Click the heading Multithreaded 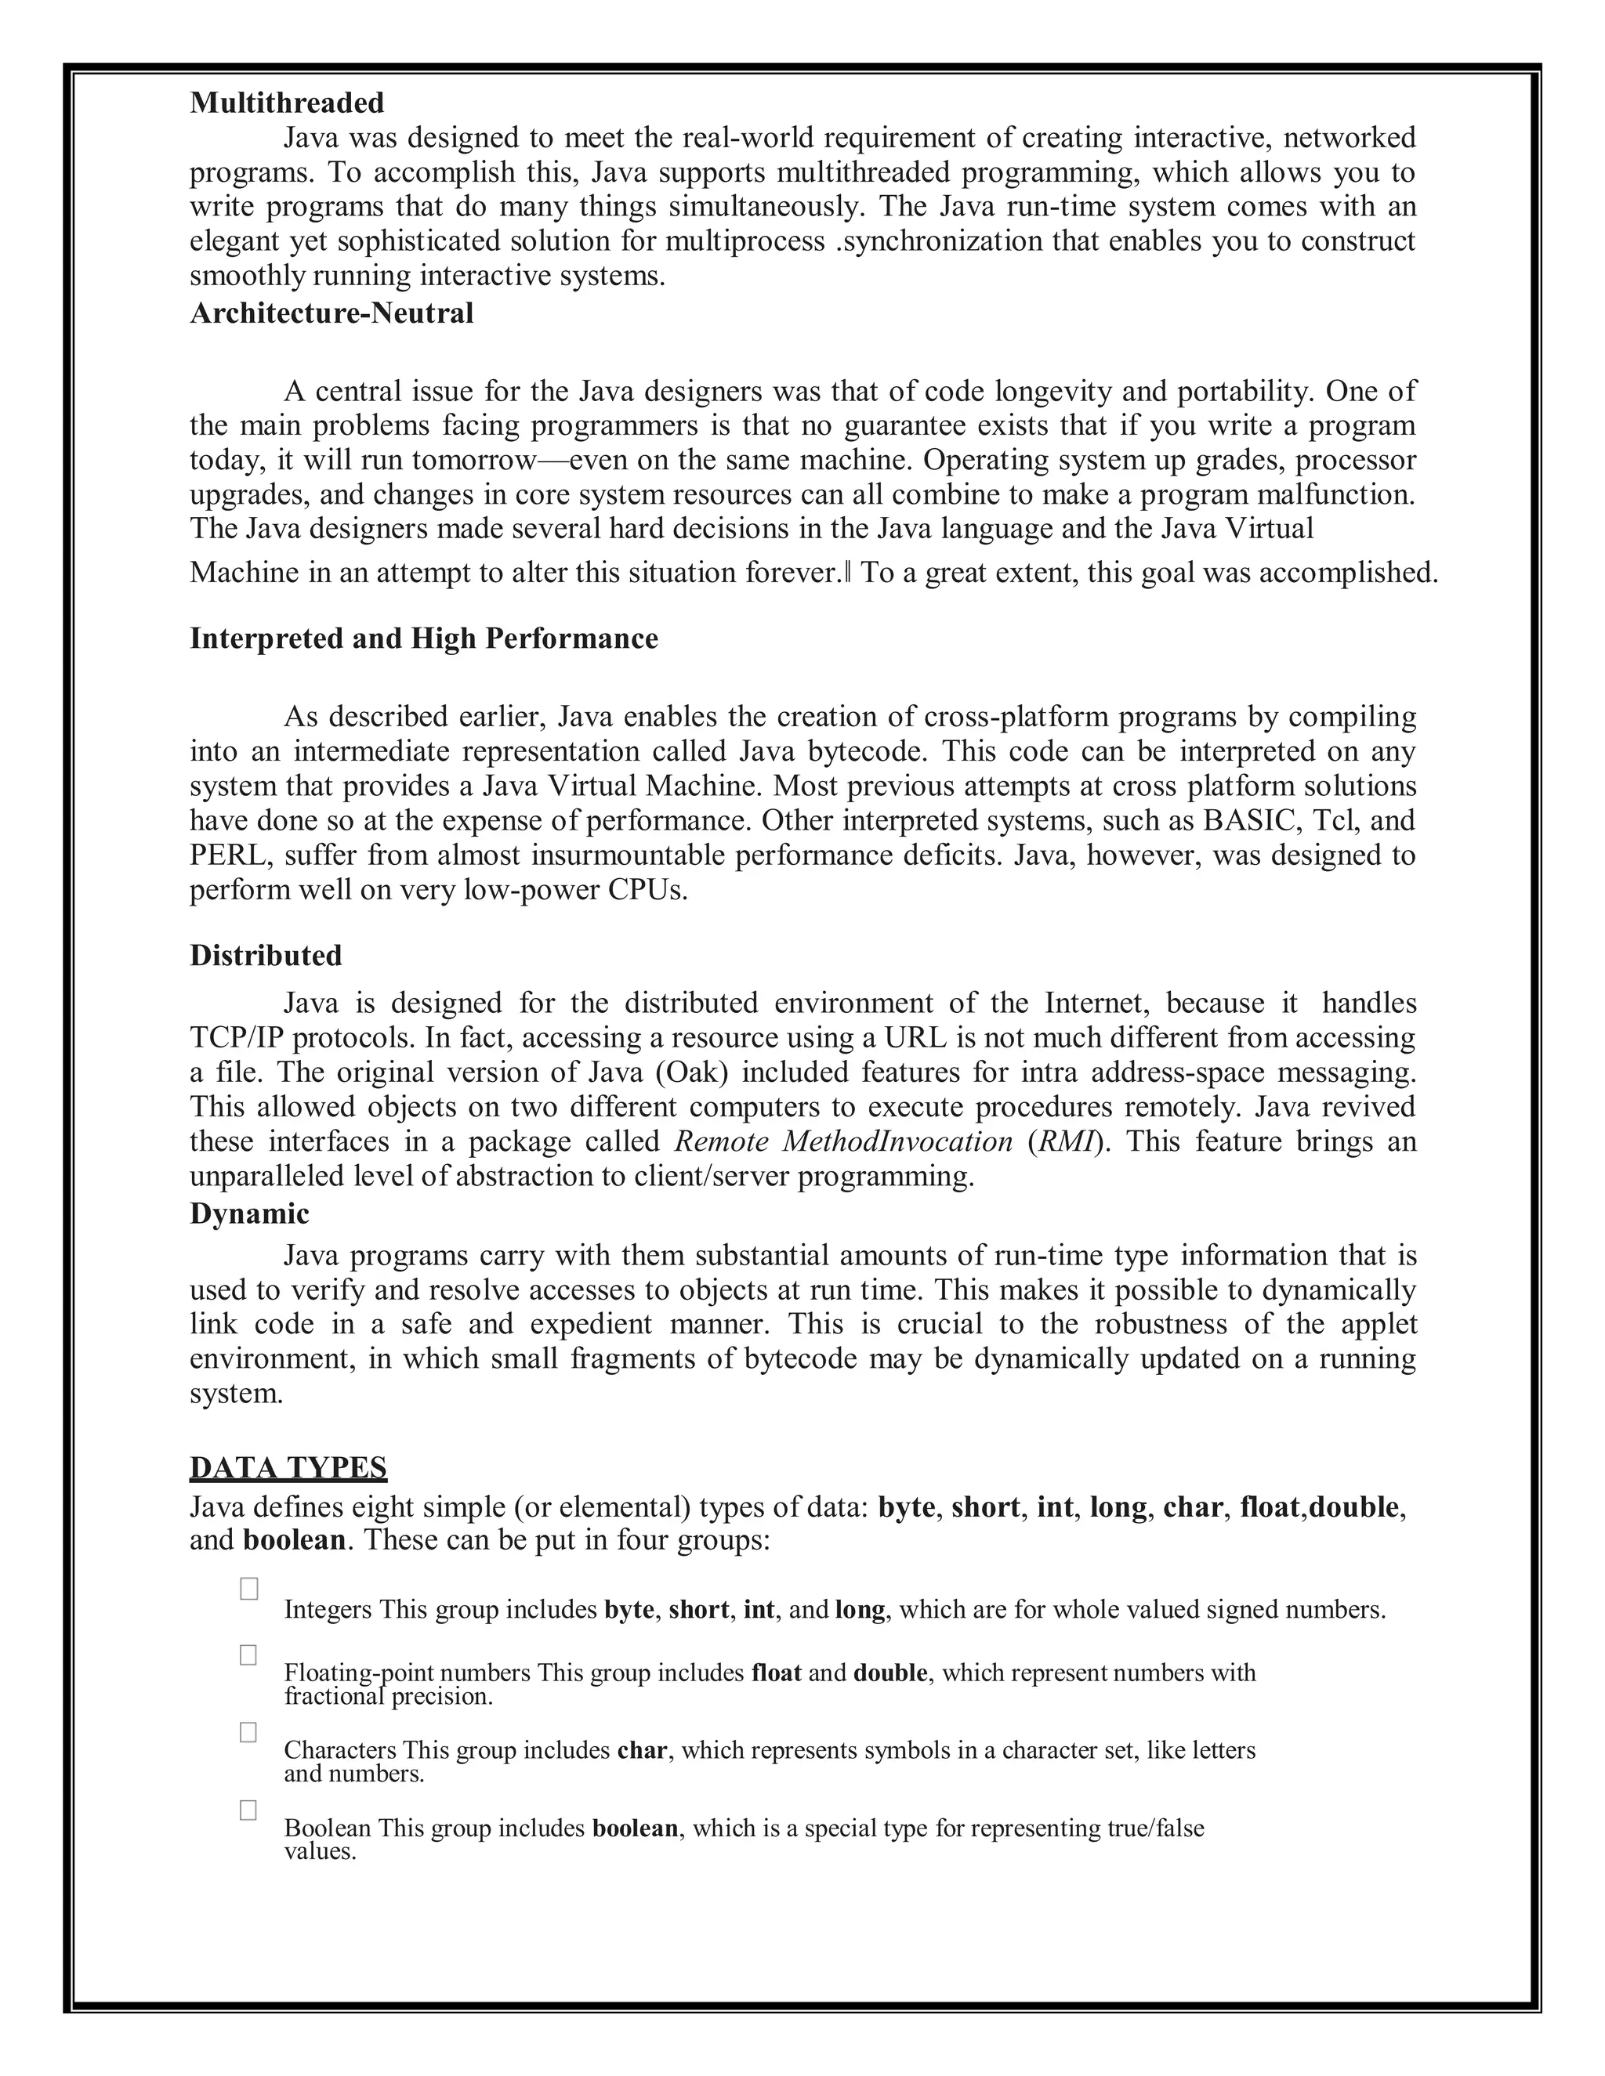click(x=287, y=103)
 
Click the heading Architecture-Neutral click(x=331, y=313)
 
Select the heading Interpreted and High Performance click(x=423, y=638)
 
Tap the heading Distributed click(x=266, y=955)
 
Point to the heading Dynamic click(x=249, y=1213)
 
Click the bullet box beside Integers click(x=249, y=1590)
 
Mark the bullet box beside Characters click(x=249, y=1733)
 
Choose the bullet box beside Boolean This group click(x=249, y=1810)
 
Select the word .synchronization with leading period click(x=938, y=241)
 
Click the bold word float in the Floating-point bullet click(x=776, y=1673)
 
